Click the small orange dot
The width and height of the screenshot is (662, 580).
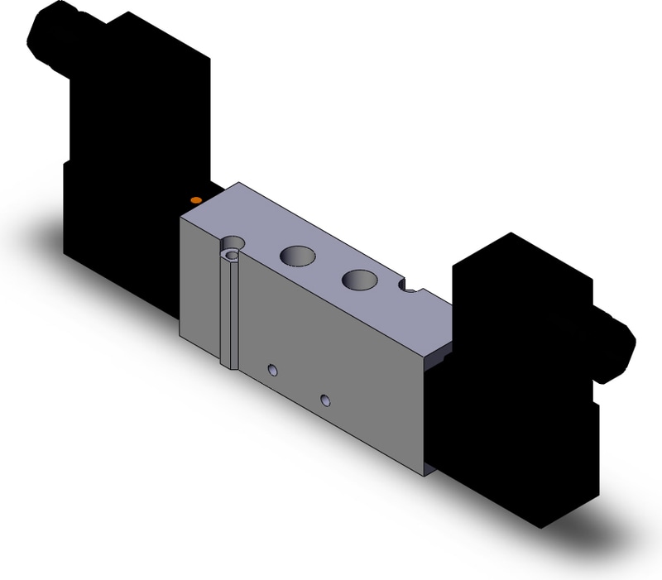point(195,200)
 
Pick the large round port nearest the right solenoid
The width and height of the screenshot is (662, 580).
point(359,281)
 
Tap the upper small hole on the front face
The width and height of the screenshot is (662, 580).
point(270,367)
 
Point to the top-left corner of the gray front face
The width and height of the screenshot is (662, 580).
point(180,219)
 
